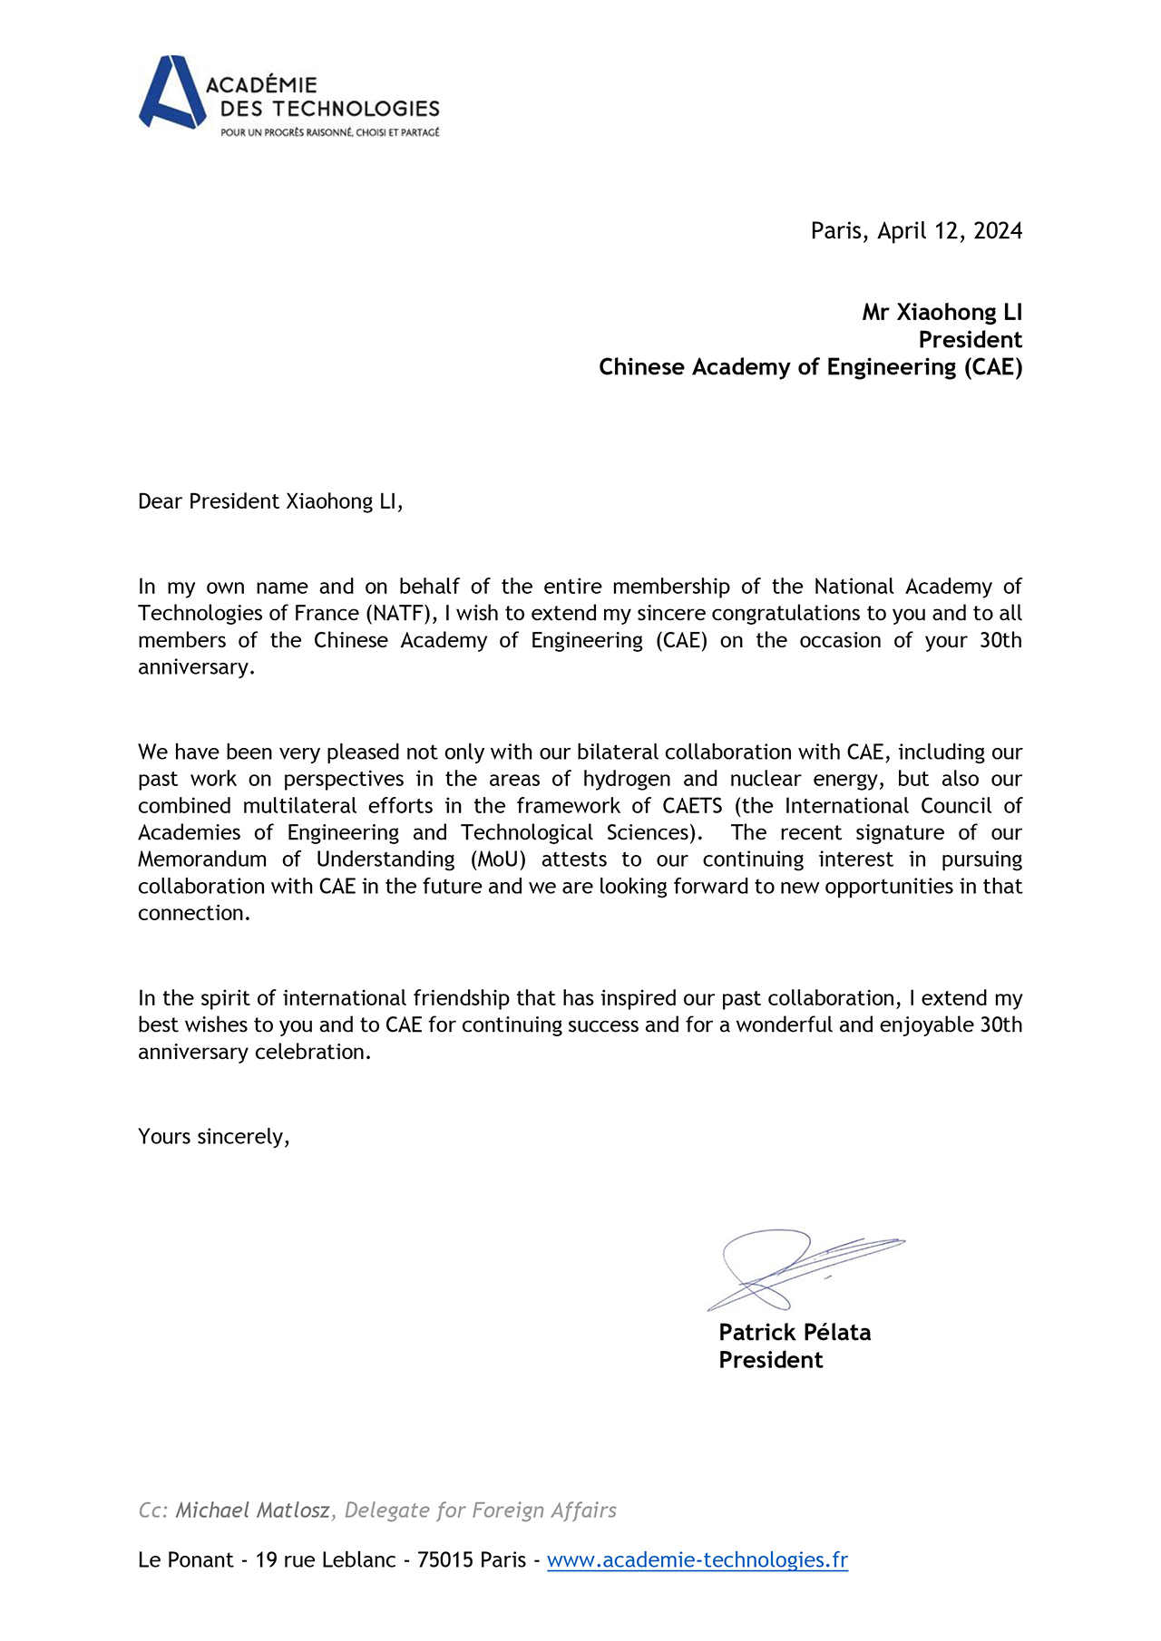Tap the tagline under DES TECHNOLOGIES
(x=330, y=132)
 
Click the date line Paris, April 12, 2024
(x=916, y=231)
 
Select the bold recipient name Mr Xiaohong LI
(x=941, y=313)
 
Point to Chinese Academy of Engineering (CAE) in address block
(x=810, y=367)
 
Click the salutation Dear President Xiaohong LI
(x=269, y=501)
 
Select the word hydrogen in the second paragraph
(x=627, y=779)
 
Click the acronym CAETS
(x=692, y=806)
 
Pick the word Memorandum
(x=202, y=859)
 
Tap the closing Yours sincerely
(x=213, y=1137)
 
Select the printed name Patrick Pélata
(x=795, y=1333)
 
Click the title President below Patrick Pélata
(x=770, y=1360)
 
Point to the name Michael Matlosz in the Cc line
(x=252, y=1510)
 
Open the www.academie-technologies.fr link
(x=697, y=1560)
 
